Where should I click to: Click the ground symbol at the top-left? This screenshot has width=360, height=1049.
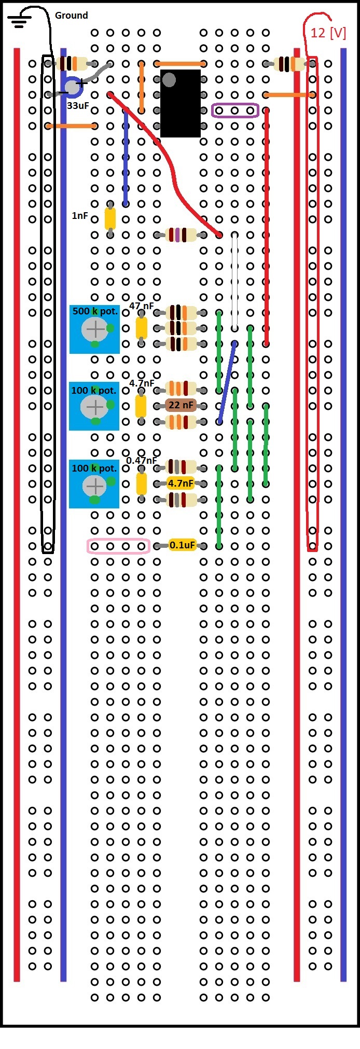[19, 21]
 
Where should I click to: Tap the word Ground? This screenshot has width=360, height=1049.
[71, 16]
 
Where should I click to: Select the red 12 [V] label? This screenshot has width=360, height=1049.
[328, 33]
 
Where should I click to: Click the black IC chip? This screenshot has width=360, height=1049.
[180, 104]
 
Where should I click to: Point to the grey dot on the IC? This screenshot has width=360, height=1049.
[169, 80]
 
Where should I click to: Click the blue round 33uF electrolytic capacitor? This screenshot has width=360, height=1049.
[73, 87]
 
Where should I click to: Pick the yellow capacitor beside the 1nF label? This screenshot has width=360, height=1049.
[110, 219]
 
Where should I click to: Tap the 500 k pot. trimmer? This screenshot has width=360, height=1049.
[95, 329]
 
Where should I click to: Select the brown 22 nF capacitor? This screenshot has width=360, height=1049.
[181, 406]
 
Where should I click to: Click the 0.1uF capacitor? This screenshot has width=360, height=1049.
[182, 545]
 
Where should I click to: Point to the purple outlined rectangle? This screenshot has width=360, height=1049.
[235, 111]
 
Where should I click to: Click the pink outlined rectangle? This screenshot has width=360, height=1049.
[118, 546]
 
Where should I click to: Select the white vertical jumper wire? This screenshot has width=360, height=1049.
[235, 280]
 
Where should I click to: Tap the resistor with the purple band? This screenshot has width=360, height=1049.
[181, 235]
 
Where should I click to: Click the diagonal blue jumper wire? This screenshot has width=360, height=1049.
[227, 382]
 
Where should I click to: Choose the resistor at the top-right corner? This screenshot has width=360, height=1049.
[289, 64]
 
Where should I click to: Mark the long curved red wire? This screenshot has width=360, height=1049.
[171, 166]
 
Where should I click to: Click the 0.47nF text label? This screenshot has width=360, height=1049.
[141, 461]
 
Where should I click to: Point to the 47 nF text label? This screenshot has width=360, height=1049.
[141, 306]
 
